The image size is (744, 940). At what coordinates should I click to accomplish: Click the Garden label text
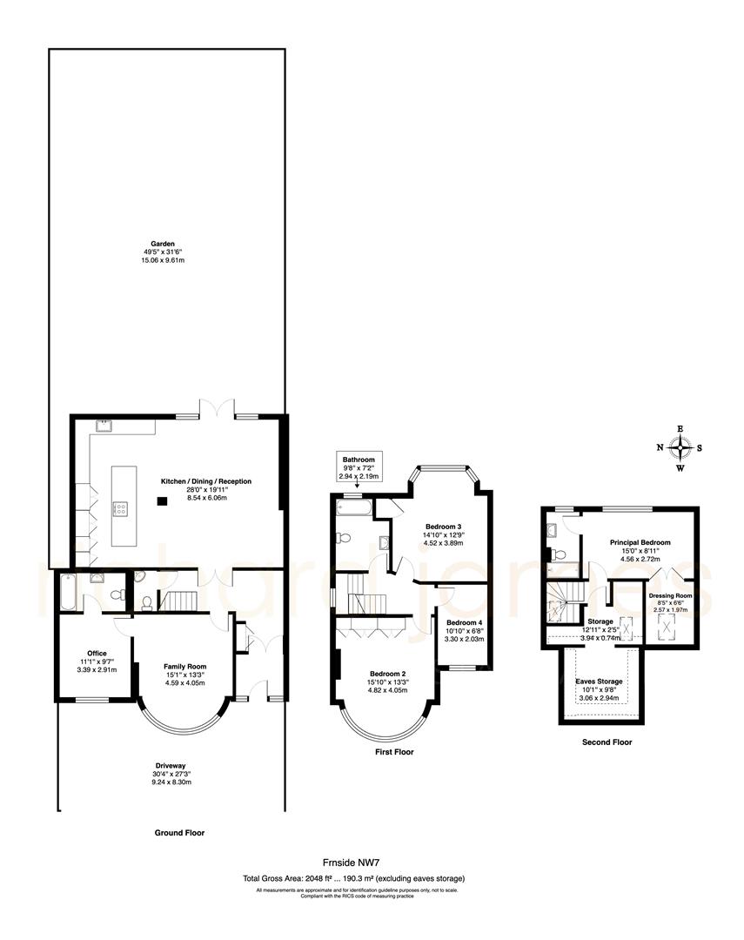pyautogui.click(x=163, y=245)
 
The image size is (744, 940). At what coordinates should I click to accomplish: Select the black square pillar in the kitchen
pyautogui.click(x=162, y=500)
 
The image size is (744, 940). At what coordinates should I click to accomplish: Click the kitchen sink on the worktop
pyautogui.click(x=105, y=426)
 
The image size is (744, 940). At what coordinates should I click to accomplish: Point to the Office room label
pyautogui.click(x=96, y=653)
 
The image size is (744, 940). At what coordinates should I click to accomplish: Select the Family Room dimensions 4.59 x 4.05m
pyautogui.click(x=184, y=683)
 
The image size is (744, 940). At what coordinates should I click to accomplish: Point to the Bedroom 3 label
pyautogui.click(x=442, y=527)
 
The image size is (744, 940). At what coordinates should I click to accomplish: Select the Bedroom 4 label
pyautogui.click(x=464, y=622)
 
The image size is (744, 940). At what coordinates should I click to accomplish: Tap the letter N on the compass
pyautogui.click(x=660, y=448)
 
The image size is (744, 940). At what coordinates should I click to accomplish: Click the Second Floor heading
pyautogui.click(x=607, y=742)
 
